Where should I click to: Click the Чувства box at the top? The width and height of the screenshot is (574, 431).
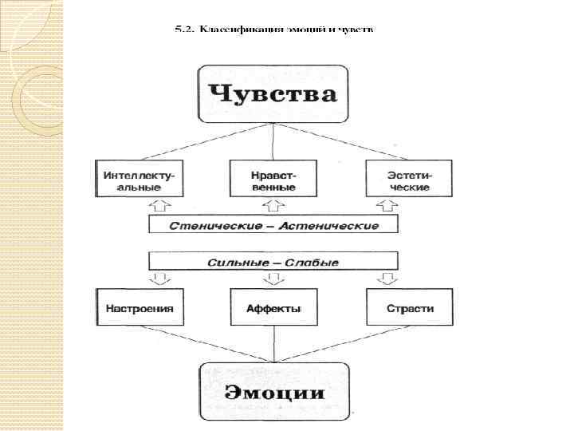(x=274, y=95)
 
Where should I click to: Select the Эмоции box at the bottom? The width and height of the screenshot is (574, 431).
(x=274, y=392)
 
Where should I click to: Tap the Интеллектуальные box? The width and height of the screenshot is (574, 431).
(x=139, y=179)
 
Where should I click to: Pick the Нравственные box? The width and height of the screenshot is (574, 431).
(x=274, y=179)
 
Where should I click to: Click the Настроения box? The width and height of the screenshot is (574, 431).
(x=139, y=308)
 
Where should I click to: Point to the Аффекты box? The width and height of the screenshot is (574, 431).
(x=274, y=308)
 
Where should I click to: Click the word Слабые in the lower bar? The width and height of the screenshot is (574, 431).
(x=313, y=263)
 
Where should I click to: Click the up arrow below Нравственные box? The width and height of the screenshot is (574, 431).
(x=274, y=207)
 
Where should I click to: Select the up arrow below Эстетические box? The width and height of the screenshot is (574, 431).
(x=389, y=207)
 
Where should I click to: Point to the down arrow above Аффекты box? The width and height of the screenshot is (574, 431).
(x=274, y=279)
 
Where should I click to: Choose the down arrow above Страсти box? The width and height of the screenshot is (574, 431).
(x=389, y=279)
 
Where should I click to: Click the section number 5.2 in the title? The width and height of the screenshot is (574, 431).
(x=183, y=30)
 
